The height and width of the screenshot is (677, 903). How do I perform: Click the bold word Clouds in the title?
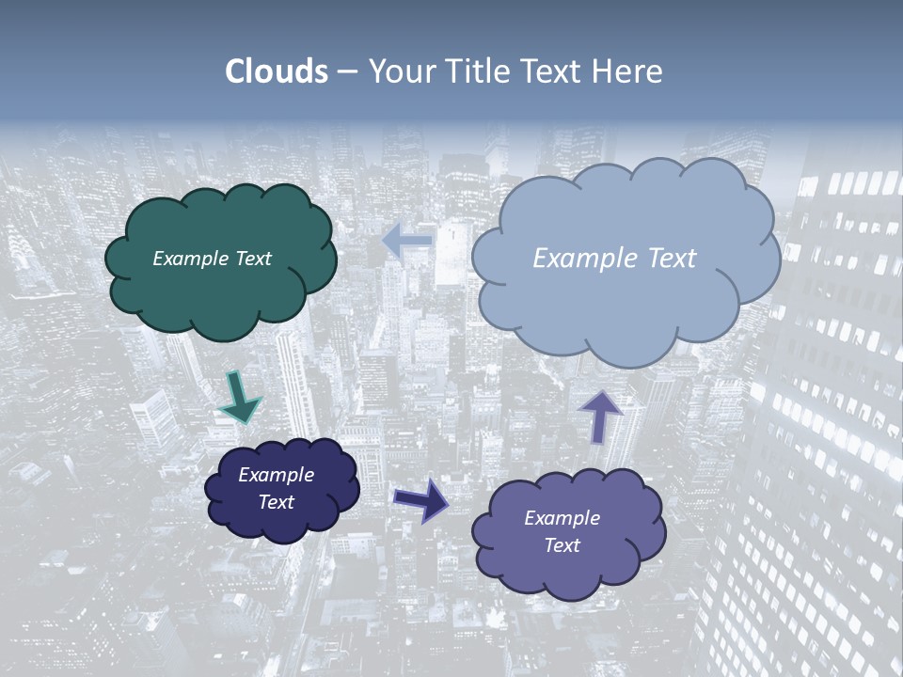(x=277, y=71)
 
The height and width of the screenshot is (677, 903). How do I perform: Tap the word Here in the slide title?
(x=629, y=71)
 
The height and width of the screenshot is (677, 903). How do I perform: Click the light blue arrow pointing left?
(x=407, y=241)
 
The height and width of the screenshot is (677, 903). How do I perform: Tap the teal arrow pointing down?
(x=239, y=399)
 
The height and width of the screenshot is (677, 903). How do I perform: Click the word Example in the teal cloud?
(x=188, y=259)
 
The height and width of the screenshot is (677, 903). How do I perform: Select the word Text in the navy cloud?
(x=277, y=502)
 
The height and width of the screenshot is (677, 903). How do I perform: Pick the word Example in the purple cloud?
(x=562, y=518)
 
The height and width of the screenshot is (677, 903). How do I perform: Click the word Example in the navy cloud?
(x=277, y=475)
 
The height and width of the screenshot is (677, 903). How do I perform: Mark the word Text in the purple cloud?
(x=562, y=545)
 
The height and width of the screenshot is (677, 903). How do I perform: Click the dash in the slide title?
(x=348, y=72)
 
